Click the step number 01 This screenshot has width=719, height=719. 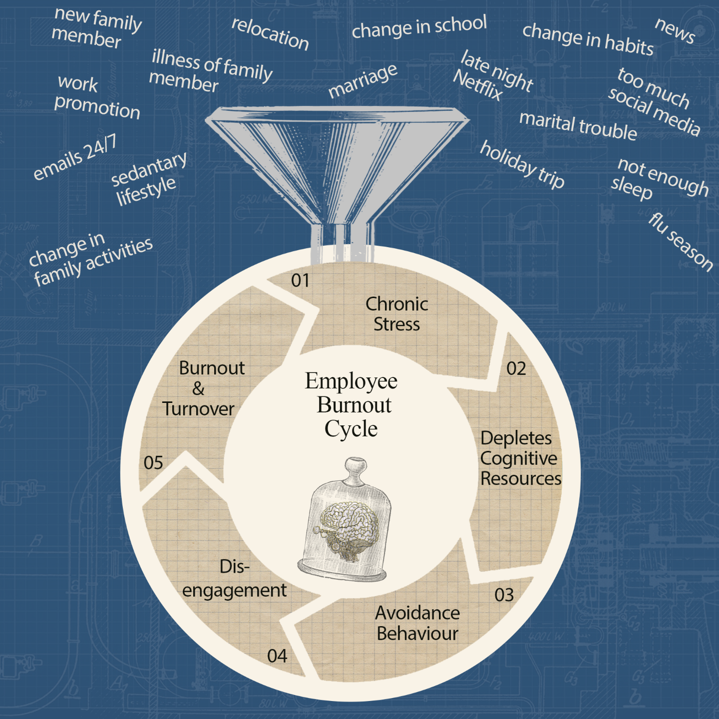(x=300, y=281)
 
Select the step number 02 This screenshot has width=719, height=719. (x=516, y=369)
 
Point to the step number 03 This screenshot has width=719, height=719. (x=504, y=595)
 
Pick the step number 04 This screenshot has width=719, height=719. (x=277, y=656)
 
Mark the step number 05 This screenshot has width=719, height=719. (x=153, y=463)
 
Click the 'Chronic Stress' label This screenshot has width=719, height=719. (x=396, y=314)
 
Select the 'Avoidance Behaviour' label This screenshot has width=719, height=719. (x=417, y=623)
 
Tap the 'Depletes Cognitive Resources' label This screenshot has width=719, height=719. (x=520, y=458)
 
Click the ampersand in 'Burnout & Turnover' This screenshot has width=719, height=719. (x=198, y=388)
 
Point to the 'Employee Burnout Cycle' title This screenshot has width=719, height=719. (x=352, y=405)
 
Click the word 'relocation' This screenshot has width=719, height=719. (x=270, y=33)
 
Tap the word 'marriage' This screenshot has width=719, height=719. (x=363, y=81)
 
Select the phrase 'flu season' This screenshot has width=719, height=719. (x=681, y=242)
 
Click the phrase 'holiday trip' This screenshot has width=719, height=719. (x=522, y=164)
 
